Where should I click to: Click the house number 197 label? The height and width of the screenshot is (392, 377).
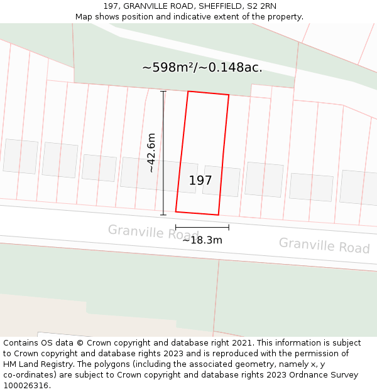[200, 181]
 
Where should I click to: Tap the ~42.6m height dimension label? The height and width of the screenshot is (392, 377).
[151, 152]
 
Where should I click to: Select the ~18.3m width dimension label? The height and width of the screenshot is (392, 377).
[202, 240]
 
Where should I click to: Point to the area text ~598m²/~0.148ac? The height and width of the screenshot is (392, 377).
[202, 67]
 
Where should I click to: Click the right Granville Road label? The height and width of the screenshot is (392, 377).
[324, 245]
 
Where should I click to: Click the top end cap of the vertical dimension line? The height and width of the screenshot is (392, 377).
[163, 92]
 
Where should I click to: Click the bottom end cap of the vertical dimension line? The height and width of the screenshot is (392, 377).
[163, 215]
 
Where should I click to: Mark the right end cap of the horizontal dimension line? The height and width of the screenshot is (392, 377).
[229, 227]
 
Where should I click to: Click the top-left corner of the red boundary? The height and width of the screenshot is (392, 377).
[188, 92]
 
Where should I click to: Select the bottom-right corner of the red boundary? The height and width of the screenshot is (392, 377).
[218, 215]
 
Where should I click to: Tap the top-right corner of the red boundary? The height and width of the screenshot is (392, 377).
[229, 95]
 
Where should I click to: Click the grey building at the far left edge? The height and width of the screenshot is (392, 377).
[20, 156]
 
